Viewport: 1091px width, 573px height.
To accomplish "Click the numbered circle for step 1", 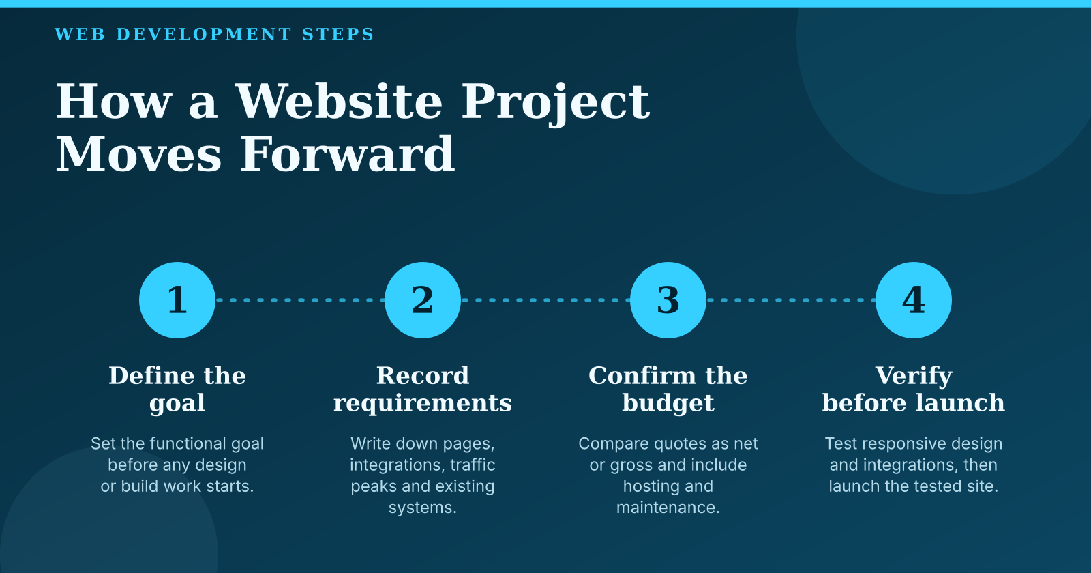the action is [x=177, y=300].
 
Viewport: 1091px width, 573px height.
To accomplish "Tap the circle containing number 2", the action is [x=423, y=300].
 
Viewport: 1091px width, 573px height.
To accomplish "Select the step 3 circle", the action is [x=668, y=300].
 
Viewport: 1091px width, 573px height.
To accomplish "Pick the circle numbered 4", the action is [x=914, y=300].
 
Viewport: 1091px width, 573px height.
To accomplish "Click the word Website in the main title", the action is [x=338, y=102].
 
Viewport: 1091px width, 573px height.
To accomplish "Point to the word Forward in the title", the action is [x=347, y=154].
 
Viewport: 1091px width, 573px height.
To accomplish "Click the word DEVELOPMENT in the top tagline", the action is [x=204, y=34].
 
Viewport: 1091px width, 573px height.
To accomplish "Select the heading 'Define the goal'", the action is [x=177, y=390].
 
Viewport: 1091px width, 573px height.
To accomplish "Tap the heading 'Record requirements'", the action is [x=423, y=390].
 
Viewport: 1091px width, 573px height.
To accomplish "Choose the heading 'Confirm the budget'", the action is [x=668, y=390].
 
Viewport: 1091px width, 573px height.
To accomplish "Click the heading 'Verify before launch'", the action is [x=914, y=390].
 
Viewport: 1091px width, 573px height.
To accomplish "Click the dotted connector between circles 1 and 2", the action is [x=300, y=300].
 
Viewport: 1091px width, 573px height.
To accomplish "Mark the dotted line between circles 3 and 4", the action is [x=791, y=300].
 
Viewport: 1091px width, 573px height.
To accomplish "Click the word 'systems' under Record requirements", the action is [x=420, y=508].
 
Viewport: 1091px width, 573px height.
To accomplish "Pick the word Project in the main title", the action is [x=555, y=103].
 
